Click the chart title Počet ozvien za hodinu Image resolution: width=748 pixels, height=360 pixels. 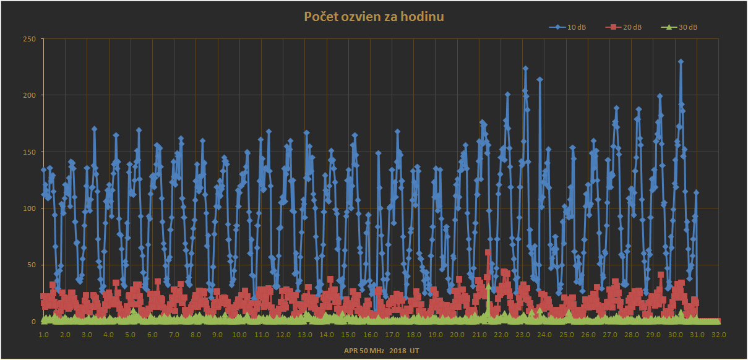[x=374, y=16]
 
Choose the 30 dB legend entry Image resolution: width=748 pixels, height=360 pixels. [x=683, y=27]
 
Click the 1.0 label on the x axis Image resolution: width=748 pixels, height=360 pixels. [x=43, y=335]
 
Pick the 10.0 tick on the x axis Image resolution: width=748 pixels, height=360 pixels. [x=239, y=335]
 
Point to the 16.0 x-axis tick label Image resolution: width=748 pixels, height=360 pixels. [x=370, y=335]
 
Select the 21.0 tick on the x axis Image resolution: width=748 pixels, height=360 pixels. [x=479, y=335]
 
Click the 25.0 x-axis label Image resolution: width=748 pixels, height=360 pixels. [x=566, y=335]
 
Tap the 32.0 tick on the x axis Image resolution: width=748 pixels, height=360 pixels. [x=718, y=335]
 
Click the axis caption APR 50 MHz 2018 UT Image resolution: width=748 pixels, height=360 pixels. [x=382, y=351]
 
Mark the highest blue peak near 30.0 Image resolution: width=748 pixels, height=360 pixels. [x=681, y=62]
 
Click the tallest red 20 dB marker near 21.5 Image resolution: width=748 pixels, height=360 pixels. [x=488, y=252]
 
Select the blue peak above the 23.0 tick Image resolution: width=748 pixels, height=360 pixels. [x=525, y=69]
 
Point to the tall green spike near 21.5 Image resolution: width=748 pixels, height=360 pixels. [x=488, y=286]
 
